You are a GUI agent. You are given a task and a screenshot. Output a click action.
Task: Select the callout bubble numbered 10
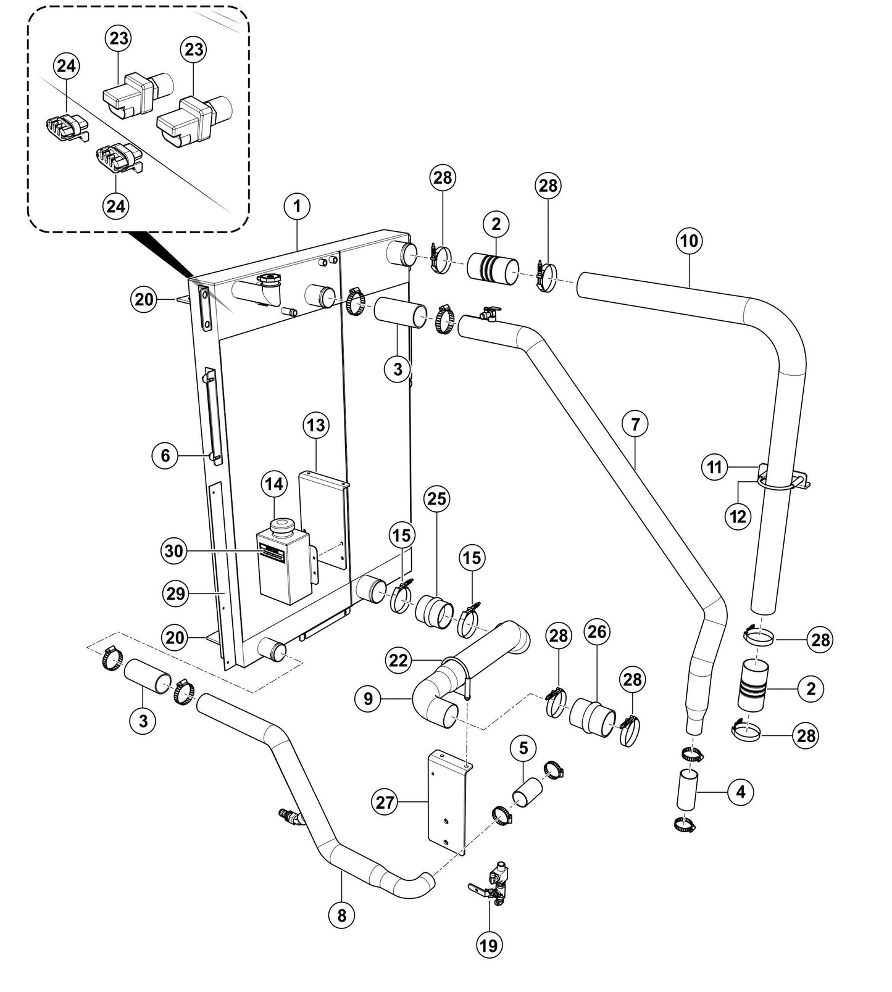[689, 241]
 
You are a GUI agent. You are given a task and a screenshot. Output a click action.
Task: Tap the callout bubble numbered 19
[488, 944]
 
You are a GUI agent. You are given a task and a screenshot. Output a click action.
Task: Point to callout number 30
[174, 550]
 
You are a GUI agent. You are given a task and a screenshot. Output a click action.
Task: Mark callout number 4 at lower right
[741, 792]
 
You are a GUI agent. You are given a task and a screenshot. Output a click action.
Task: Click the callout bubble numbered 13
[316, 425]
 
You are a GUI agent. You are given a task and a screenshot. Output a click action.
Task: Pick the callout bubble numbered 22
[399, 659]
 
